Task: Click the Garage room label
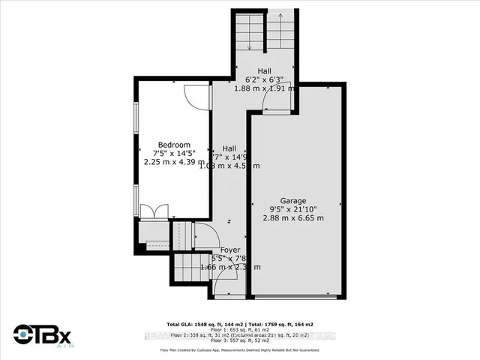(293, 200)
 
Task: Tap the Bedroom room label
(174, 145)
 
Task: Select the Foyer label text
(230, 249)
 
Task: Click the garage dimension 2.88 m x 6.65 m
(293, 217)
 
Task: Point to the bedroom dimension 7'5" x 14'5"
(174, 153)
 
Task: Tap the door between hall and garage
(275, 106)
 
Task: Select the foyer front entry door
(223, 285)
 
